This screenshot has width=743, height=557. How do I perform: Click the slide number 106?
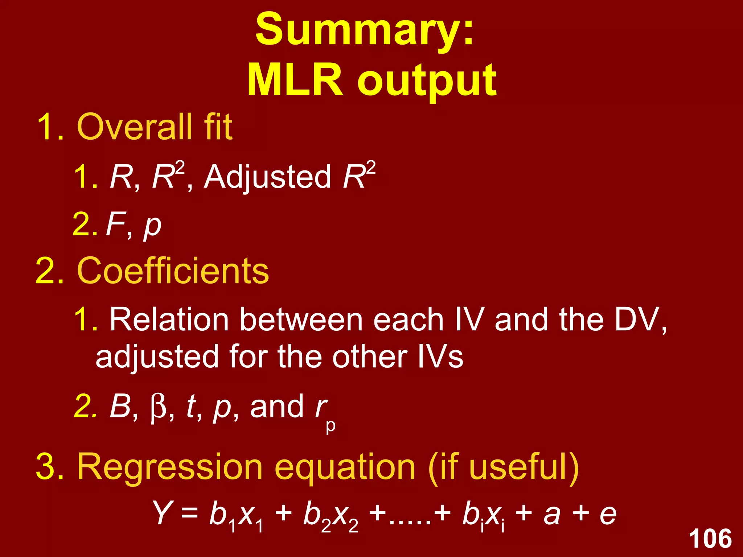click(710, 539)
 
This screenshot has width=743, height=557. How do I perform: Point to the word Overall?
click(135, 127)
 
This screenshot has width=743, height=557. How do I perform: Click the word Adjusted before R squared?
click(267, 177)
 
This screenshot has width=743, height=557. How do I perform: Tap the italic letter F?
click(115, 224)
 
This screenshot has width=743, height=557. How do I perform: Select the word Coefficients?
click(173, 271)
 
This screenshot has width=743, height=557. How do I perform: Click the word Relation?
click(169, 320)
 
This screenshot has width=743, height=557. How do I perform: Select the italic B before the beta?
click(120, 406)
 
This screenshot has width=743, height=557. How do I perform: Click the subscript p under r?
click(331, 426)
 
